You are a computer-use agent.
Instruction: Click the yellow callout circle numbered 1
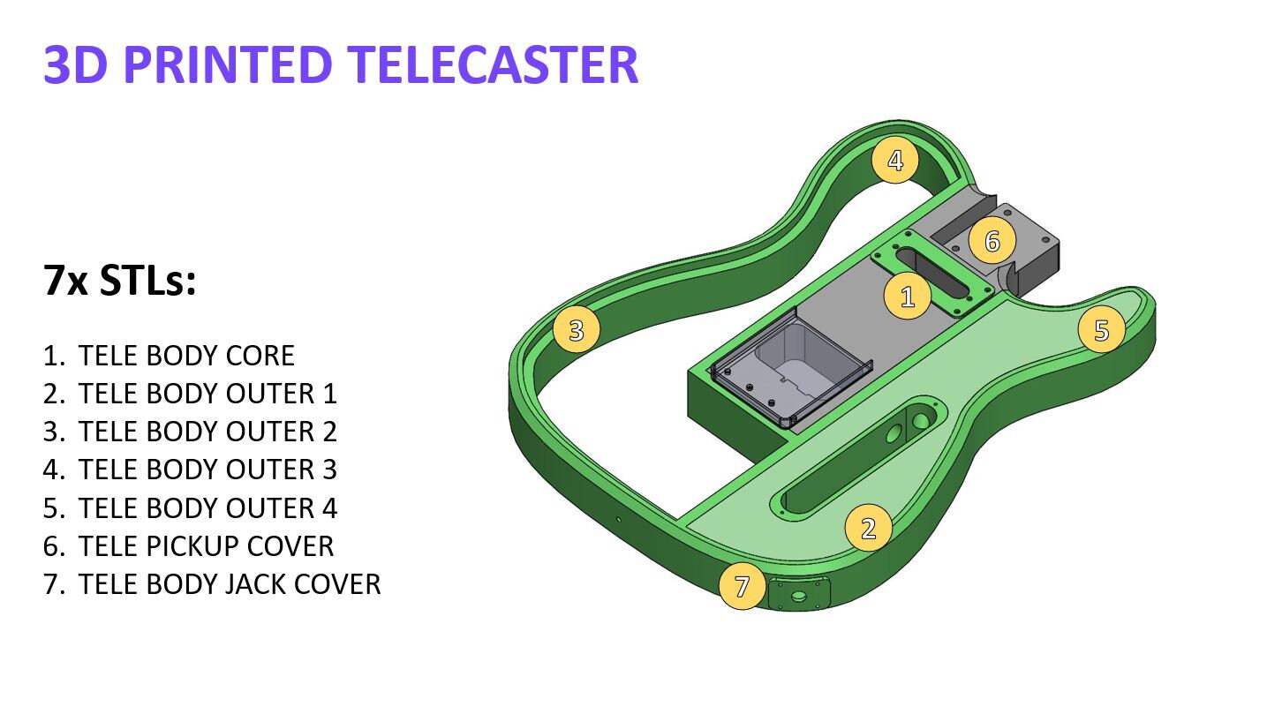(908, 297)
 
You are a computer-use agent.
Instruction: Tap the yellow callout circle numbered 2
(868, 528)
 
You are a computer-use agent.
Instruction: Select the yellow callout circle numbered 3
(576, 330)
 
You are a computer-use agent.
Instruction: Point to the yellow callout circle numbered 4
(894, 162)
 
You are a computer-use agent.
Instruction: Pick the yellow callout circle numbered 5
(1100, 330)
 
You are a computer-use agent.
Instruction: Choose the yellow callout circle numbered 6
(992, 240)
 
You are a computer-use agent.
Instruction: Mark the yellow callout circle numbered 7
(742, 586)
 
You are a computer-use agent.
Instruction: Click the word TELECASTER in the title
(492, 64)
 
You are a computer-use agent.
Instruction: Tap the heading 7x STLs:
(118, 282)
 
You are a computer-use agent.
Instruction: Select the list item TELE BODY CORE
(185, 356)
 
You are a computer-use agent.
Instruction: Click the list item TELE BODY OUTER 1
(207, 394)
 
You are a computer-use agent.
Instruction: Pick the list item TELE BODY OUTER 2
(207, 432)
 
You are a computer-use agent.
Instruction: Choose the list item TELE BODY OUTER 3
(207, 470)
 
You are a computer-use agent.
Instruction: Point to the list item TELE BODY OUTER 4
(207, 508)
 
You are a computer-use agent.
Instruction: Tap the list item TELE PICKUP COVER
(205, 546)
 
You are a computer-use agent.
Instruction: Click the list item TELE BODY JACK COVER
(229, 584)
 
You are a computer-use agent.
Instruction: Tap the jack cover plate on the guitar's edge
(800, 595)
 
